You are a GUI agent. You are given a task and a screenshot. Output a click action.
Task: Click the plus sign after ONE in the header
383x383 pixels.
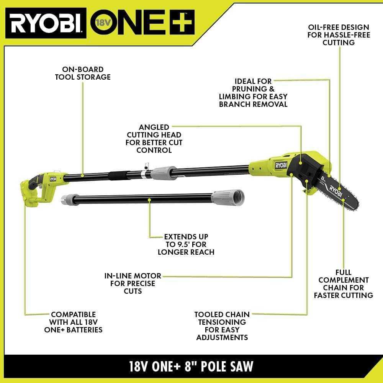[180, 22]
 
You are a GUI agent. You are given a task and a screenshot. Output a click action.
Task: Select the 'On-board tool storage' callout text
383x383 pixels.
[82, 73]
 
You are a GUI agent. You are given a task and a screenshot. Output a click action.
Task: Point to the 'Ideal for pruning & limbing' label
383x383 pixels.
[253, 92]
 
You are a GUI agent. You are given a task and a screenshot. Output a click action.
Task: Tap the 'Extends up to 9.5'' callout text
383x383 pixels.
[186, 244]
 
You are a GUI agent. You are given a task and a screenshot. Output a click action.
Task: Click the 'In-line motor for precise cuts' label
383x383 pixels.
[133, 283]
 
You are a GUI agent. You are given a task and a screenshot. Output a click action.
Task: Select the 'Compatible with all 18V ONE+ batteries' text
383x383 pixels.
[73, 322]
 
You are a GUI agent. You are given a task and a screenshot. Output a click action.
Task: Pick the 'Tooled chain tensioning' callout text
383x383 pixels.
[222, 326]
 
